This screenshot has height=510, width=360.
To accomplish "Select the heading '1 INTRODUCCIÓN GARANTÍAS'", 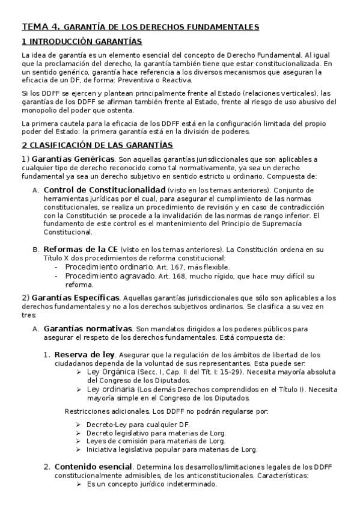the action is point(81,41).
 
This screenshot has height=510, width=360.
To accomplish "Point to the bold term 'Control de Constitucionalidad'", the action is point(96,190).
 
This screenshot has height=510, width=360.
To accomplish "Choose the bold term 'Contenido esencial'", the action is point(93,466).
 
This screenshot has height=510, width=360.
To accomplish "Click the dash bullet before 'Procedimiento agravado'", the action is point(56,276).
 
